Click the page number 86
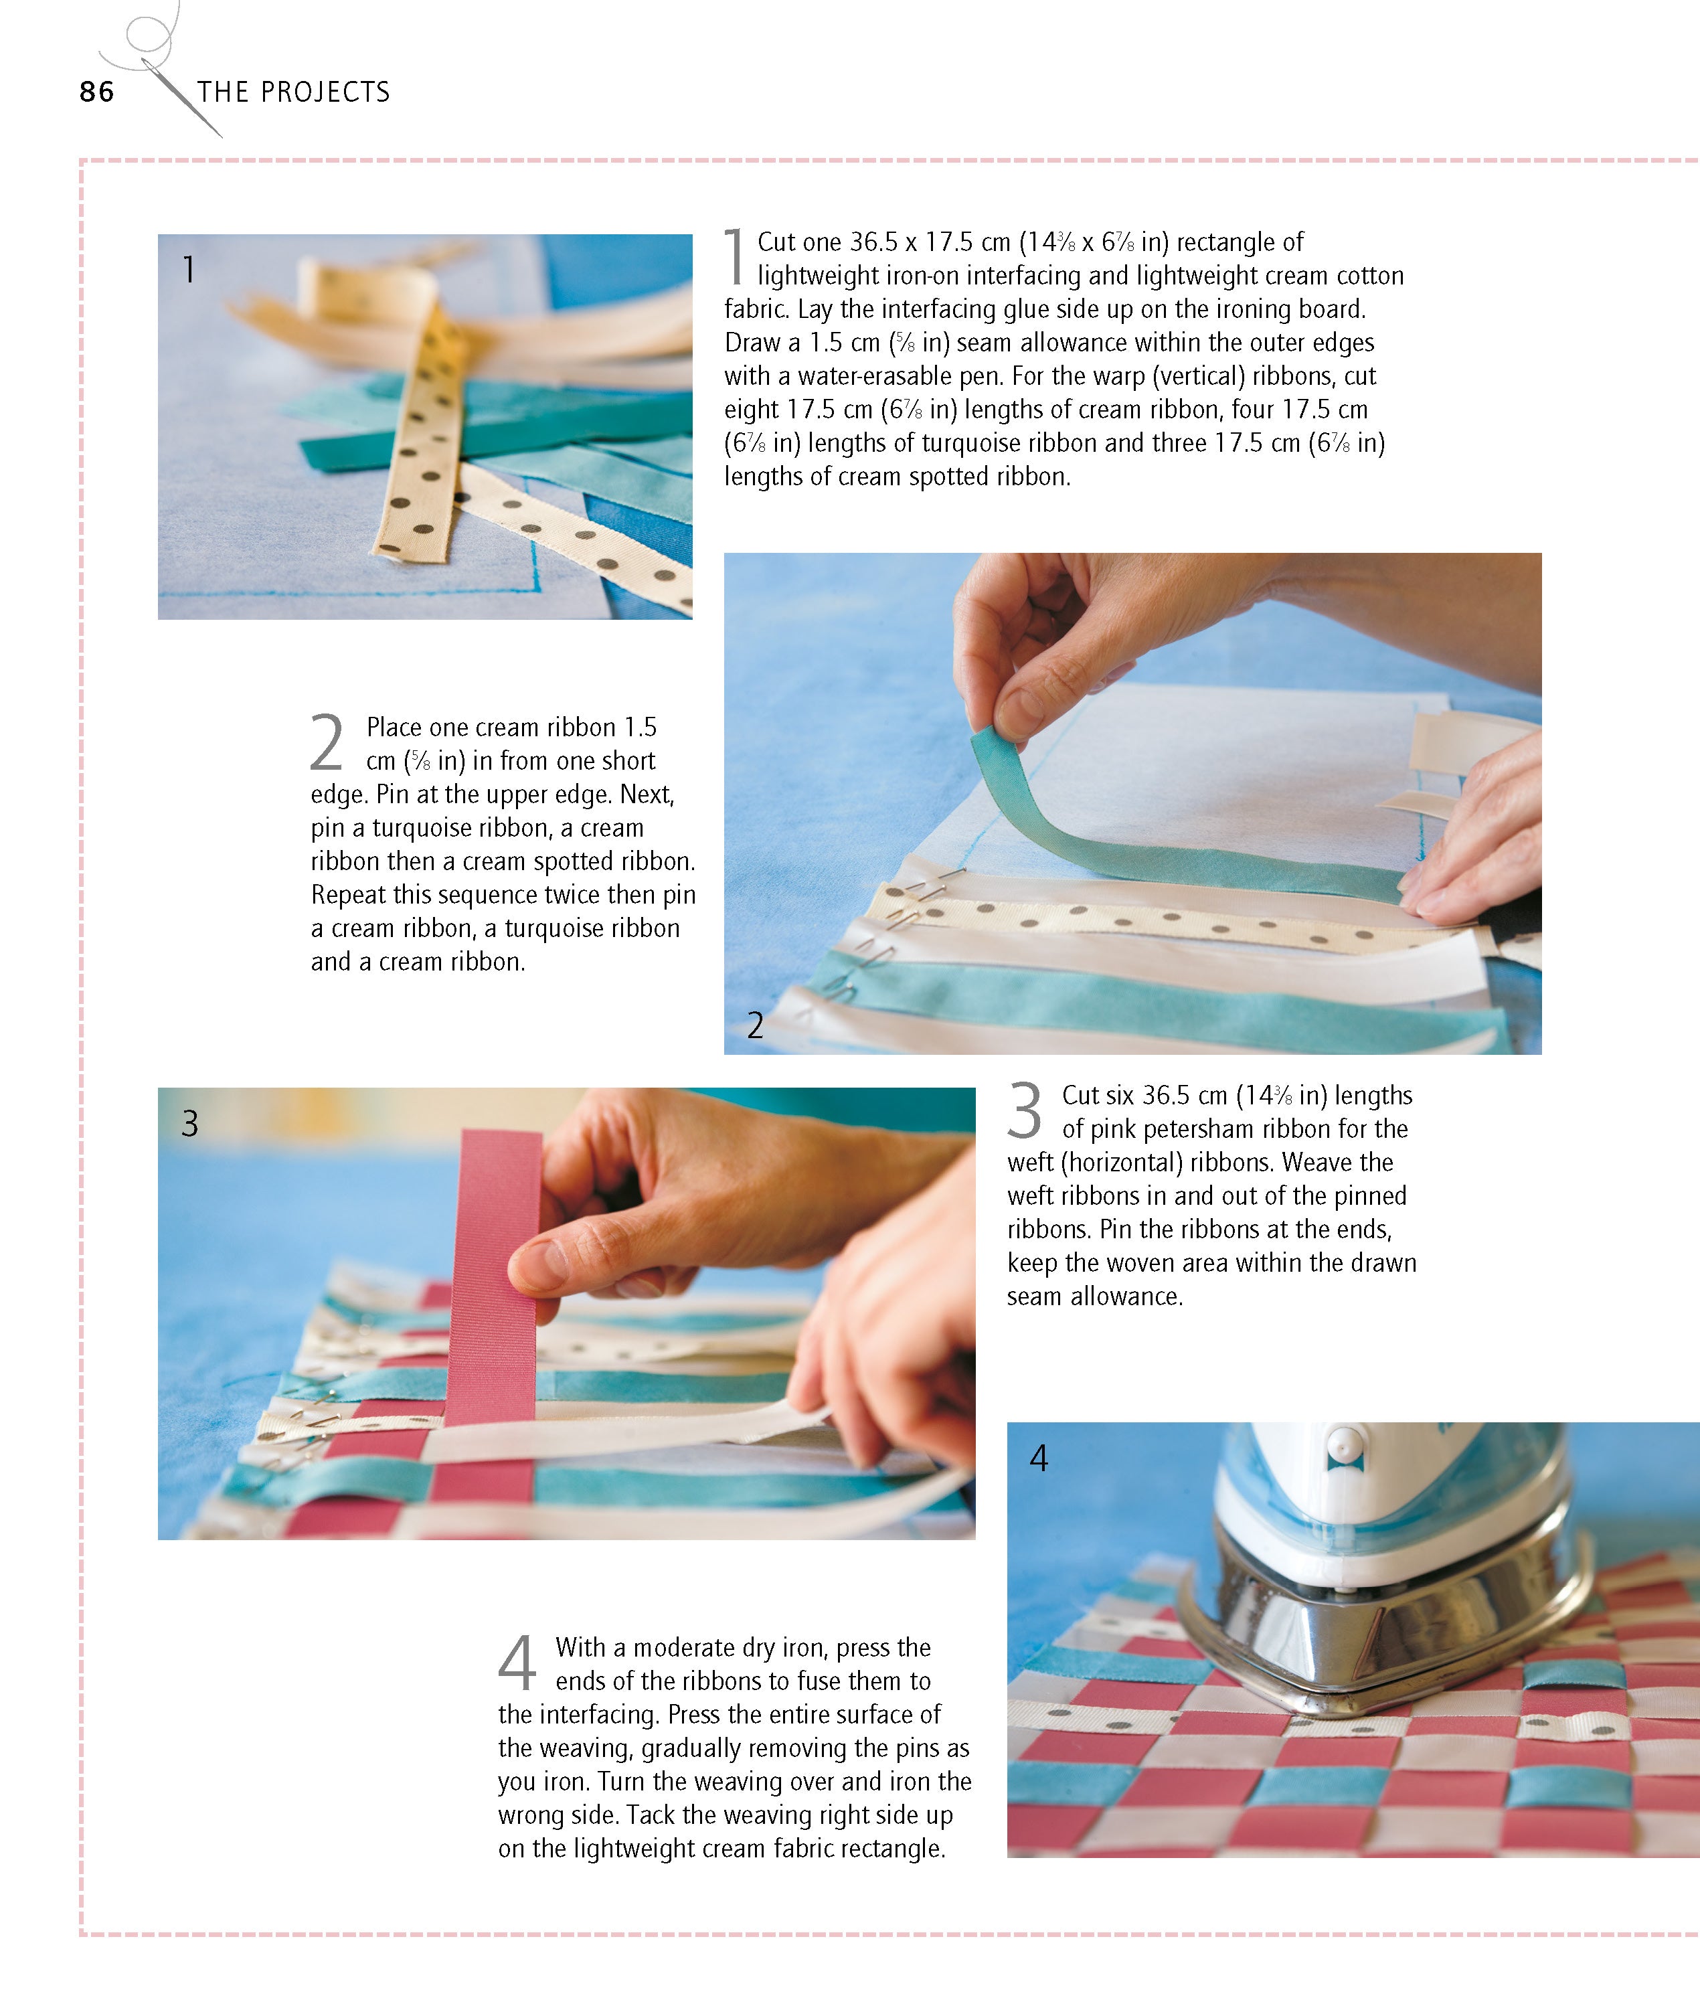click(x=96, y=92)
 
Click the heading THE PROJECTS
click(x=293, y=92)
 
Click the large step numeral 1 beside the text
click(x=734, y=256)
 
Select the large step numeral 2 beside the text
click(x=327, y=742)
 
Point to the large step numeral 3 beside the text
click(x=1025, y=1110)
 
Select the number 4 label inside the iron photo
click(x=1038, y=1458)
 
